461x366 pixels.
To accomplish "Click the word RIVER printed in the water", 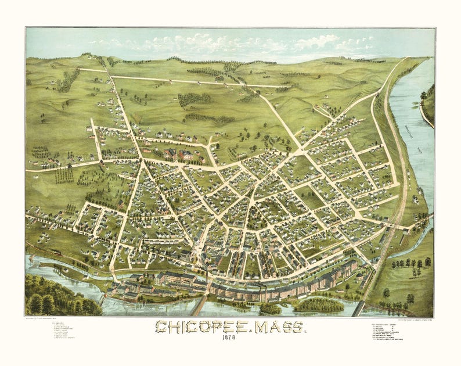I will [417, 149].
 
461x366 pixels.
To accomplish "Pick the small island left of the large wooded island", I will [270, 308].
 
